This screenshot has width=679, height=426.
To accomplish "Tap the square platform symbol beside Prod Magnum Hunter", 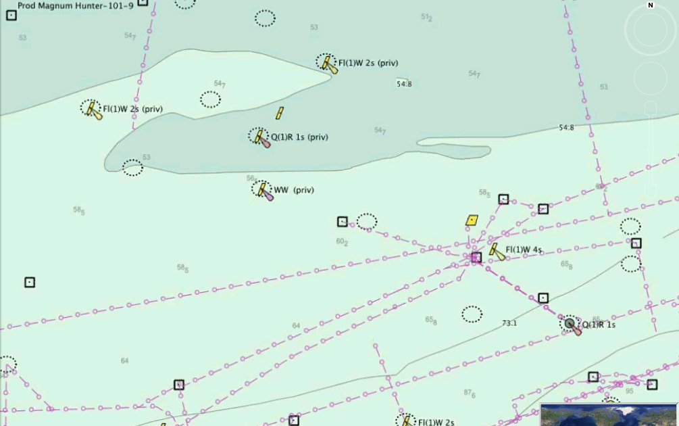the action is pyautogui.click(x=11, y=15).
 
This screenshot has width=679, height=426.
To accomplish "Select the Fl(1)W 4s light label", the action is pyautogui.click(x=524, y=250).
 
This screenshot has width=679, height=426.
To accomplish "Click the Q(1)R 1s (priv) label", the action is pyautogui.click(x=299, y=137).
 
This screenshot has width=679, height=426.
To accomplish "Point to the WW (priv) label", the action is pyautogui.click(x=294, y=190).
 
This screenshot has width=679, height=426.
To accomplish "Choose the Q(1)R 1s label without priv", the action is pyautogui.click(x=599, y=325).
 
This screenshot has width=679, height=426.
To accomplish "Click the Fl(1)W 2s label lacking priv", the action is pyautogui.click(x=436, y=423).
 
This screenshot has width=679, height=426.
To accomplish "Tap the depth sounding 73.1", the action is pyautogui.click(x=509, y=323).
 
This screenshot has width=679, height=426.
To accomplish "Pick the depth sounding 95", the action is pyautogui.click(x=629, y=391).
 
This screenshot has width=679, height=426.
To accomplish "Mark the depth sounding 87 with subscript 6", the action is pyautogui.click(x=469, y=393).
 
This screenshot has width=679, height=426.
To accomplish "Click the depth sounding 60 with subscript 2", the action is pyautogui.click(x=342, y=241).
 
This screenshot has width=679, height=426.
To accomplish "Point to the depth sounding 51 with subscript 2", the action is pyautogui.click(x=426, y=17).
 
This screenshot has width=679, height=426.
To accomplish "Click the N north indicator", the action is pyautogui.click(x=650, y=5).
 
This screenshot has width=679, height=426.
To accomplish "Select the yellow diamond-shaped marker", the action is pyautogui.click(x=472, y=220).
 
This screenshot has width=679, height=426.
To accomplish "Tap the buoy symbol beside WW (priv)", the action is pyautogui.click(x=263, y=190).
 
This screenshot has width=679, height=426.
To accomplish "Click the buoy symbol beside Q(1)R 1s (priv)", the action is pyautogui.click(x=259, y=137).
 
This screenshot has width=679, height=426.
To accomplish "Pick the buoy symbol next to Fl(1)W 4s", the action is pyautogui.click(x=496, y=251).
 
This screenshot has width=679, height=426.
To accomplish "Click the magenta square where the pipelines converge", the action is pyautogui.click(x=476, y=257).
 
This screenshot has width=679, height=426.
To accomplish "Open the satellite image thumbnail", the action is pyautogui.click(x=609, y=415).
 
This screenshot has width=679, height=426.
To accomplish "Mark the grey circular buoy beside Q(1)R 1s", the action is pyautogui.click(x=570, y=324).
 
